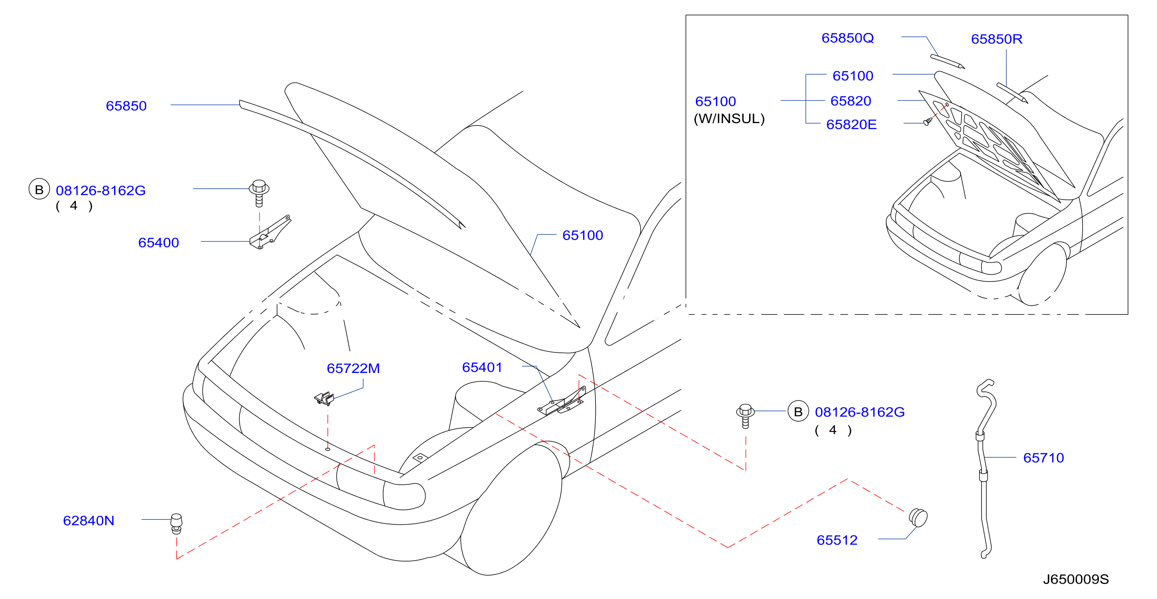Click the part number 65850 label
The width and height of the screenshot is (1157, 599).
pos(126,106)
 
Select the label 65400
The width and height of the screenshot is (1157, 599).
pos(159,243)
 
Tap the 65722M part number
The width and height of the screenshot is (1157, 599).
pos(353,369)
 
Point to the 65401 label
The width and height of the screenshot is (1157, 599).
pos(482,368)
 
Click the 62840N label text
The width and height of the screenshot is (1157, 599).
pos(88,520)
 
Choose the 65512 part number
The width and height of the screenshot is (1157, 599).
pos(837,540)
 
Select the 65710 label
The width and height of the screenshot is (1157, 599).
pos(1043,458)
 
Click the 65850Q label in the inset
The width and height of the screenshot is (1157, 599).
pos(848,38)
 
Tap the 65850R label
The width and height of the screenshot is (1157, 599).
pos(997,39)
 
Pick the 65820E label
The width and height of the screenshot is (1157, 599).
pos(851,124)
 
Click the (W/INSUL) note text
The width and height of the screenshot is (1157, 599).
pos(729,119)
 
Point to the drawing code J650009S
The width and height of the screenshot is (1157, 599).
pos(1076,579)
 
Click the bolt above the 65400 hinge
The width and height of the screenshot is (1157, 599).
pos(259,193)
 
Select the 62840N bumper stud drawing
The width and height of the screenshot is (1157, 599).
pos(177,524)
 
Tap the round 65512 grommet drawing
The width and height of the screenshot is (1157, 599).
pos(918,517)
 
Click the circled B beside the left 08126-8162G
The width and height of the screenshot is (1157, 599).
pos(39,189)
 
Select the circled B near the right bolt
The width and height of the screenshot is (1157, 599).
pos(798,411)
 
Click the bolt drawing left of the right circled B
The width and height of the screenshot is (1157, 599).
pos(746,416)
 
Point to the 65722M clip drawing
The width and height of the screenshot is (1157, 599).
pos(324,398)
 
